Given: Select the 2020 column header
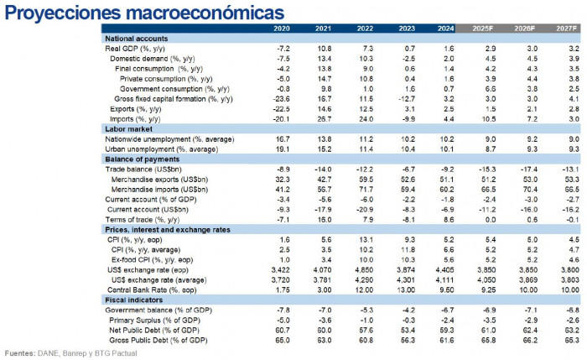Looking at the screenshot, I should click(282, 29).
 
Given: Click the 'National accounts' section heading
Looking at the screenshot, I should click(137, 39).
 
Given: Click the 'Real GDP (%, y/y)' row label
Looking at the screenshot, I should click(139, 50).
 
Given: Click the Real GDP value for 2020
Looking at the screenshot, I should click(283, 50).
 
